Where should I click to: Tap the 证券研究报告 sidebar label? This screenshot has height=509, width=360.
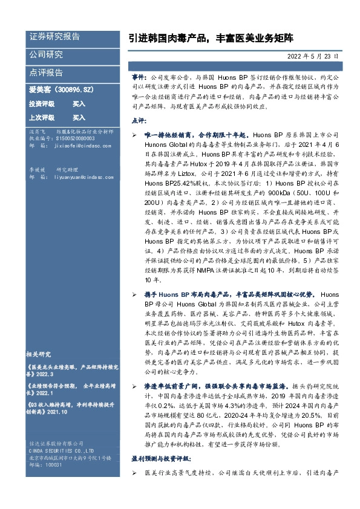click(54, 37)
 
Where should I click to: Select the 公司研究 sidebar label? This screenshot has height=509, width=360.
click(46, 54)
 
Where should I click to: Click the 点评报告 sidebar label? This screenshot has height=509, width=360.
click(46, 73)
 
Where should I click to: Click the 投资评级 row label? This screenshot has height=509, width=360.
click(42, 103)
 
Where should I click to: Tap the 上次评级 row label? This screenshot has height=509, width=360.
click(42, 117)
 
